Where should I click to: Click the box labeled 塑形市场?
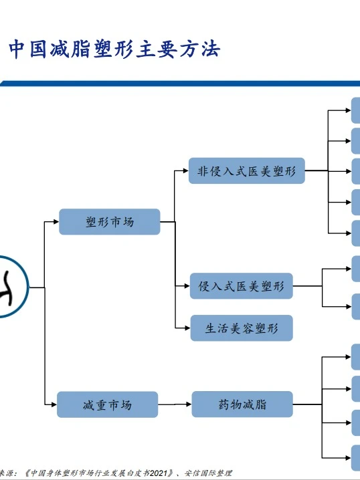click(110, 222)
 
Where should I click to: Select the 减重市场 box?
click(107, 404)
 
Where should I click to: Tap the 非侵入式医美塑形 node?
click(246, 171)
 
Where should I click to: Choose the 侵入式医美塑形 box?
click(241, 286)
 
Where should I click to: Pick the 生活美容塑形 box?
click(241, 328)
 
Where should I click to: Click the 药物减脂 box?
click(243, 404)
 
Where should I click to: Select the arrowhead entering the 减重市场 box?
click(53, 404)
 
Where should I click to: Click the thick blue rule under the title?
click(180, 84)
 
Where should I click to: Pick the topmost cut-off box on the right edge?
click(355, 110)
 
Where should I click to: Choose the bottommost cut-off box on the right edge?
click(355, 457)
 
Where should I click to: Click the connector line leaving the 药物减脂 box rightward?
click(308, 404)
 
